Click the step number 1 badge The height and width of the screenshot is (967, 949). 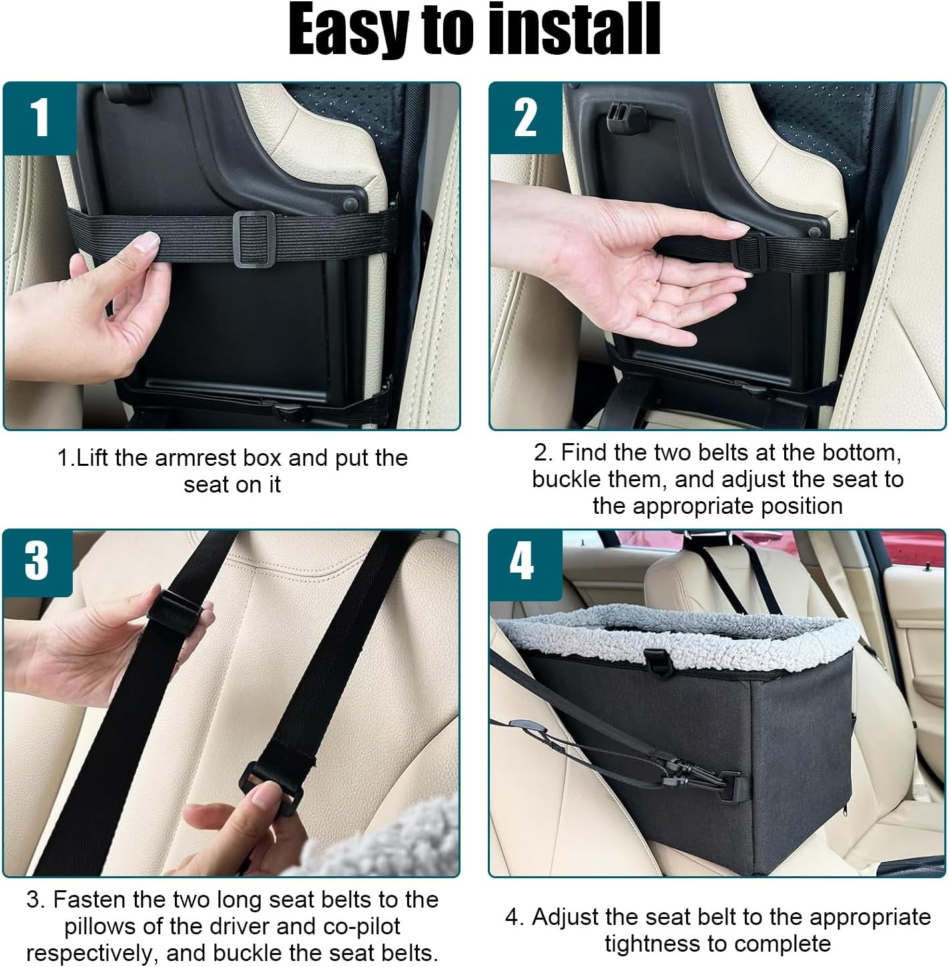(40, 117)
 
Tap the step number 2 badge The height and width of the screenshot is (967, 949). (525, 117)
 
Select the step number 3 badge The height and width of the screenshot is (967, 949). (37, 561)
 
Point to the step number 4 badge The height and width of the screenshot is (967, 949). (523, 561)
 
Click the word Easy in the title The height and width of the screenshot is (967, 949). (347, 30)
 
